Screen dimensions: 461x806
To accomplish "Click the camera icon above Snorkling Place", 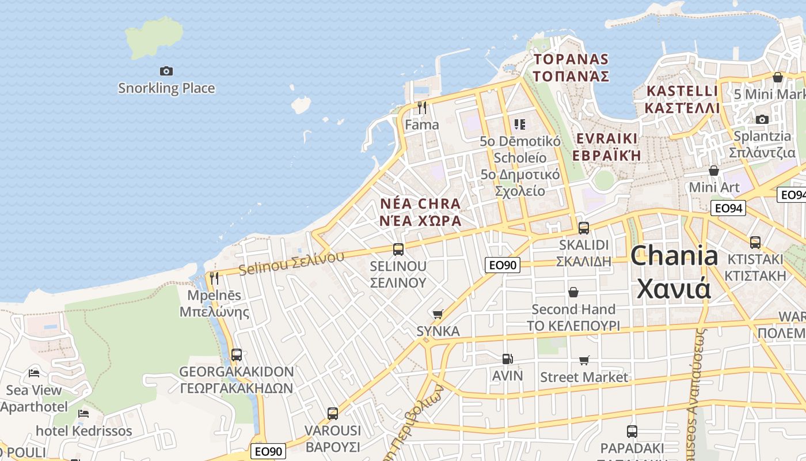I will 166,71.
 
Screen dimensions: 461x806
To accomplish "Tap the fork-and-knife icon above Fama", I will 422,107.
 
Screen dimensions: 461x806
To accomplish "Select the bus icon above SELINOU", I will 398,250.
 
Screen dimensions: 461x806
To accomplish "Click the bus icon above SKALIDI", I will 584,228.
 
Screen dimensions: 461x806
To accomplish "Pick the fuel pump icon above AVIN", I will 507,359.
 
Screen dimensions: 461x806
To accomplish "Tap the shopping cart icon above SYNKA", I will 438,314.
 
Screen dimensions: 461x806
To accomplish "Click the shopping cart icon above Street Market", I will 584,360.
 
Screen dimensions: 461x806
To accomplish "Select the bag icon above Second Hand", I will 573,292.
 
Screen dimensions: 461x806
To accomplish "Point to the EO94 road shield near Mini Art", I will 728,208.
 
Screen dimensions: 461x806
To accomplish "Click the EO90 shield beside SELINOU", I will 502,265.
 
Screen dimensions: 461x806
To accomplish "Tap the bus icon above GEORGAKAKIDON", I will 237,354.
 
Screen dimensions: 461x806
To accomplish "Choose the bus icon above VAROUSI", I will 333,413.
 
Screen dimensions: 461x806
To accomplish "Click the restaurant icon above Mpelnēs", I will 214,278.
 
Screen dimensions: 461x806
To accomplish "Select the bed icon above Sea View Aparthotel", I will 34,373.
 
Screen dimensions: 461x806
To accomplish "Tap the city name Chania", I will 674,256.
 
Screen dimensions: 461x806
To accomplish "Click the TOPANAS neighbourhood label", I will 571,59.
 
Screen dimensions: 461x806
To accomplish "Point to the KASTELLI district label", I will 682,91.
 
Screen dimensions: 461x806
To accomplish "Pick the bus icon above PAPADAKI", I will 632,431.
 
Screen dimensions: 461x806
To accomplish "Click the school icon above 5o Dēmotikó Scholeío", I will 520,124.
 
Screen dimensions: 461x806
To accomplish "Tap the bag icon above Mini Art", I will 714,171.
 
